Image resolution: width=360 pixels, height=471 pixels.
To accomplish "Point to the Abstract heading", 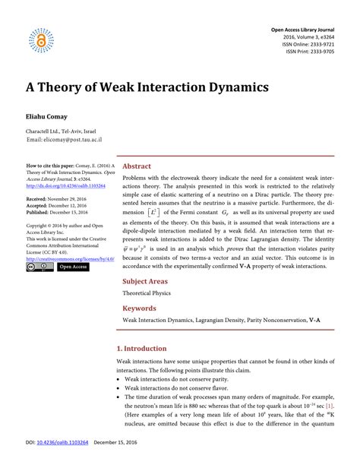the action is click(x=137, y=166).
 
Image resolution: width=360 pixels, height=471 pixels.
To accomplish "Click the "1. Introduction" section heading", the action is click(x=143, y=348).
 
